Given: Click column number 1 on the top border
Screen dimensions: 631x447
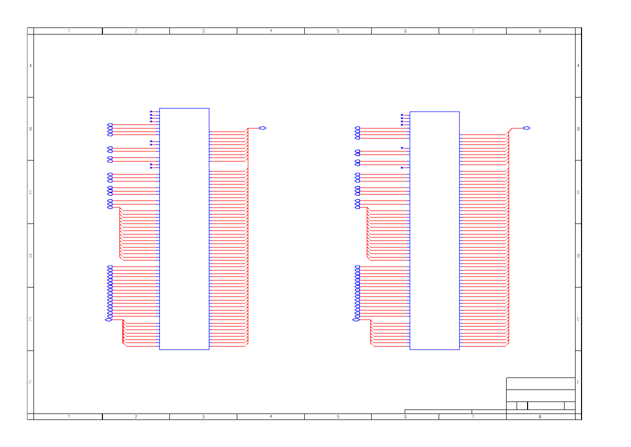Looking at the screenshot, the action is coord(69,31).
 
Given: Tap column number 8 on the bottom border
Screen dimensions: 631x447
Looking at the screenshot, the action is coord(540,416).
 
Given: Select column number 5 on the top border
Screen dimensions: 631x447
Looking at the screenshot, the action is coord(338,31).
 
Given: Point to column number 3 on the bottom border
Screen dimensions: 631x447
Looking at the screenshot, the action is coord(203,416).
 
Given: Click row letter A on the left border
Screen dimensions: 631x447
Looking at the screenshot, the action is coord(30,65).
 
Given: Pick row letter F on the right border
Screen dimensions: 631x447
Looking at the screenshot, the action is coord(578,382).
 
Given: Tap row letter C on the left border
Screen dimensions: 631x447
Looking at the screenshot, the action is coord(30,192).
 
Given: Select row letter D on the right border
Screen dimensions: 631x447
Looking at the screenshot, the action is coord(578,255).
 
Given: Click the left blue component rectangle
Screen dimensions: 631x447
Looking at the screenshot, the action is coord(160,229).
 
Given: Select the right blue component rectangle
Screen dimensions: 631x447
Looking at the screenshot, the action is coord(410,230).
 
